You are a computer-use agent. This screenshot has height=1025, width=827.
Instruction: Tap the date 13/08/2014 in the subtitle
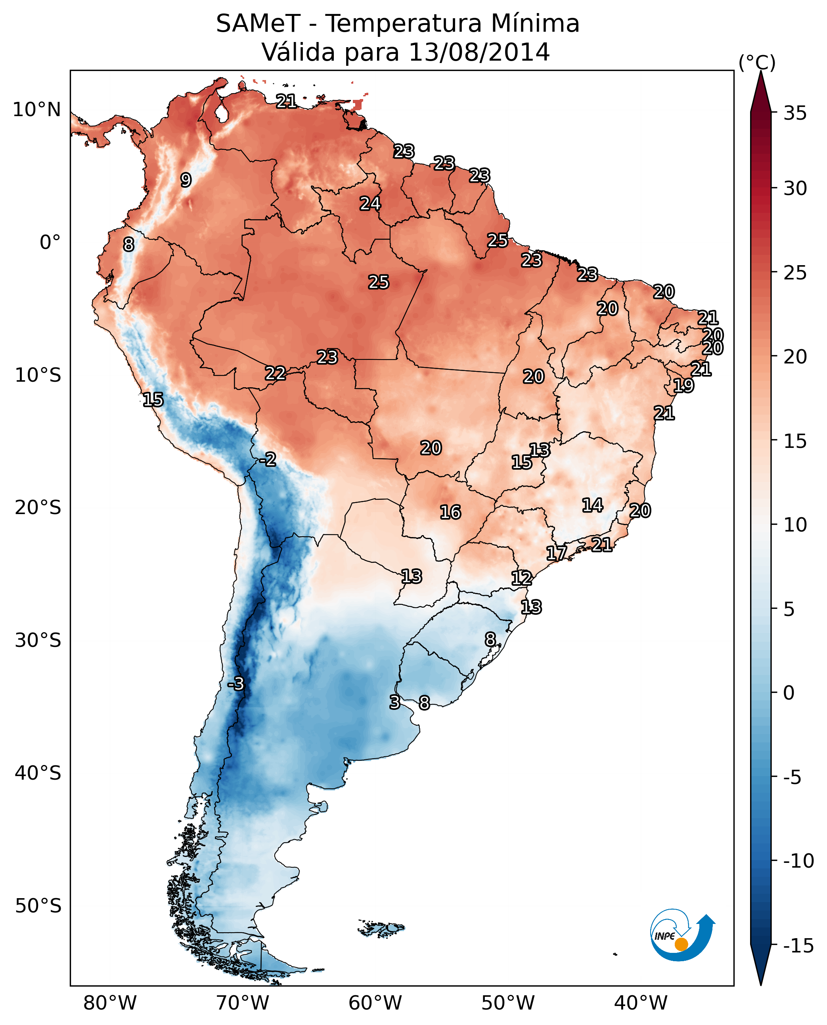(479, 52)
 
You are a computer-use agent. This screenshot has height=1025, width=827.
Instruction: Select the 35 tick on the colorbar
(794, 113)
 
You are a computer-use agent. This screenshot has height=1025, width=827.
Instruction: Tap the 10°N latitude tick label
(37, 110)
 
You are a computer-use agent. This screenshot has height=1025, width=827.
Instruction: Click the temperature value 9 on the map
(186, 180)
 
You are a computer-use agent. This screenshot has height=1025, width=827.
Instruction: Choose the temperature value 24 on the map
(370, 204)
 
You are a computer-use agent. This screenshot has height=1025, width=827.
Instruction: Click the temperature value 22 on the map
(276, 373)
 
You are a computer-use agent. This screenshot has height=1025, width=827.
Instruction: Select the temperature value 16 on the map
(450, 512)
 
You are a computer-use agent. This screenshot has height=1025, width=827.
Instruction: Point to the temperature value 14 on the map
(593, 505)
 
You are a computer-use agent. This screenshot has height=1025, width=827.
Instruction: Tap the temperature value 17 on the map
(556, 553)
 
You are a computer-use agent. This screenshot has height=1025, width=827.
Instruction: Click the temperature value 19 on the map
(683, 386)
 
